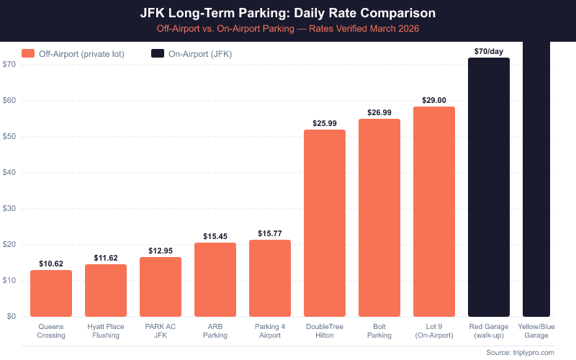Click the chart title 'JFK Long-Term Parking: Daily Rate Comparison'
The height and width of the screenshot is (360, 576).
click(x=288, y=14)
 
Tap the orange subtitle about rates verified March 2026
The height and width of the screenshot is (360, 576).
click(x=288, y=29)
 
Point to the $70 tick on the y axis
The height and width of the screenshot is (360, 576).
click(x=9, y=65)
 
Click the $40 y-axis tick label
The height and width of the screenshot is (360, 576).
click(x=9, y=173)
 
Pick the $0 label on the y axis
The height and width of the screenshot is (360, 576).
click(x=12, y=316)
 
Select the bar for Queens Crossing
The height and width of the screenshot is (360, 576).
click(x=51, y=293)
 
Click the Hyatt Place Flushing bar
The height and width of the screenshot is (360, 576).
click(x=106, y=290)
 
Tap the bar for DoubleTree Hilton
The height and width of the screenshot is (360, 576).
click(x=325, y=223)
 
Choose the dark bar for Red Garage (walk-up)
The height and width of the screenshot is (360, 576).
click(x=489, y=187)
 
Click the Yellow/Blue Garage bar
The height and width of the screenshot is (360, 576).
click(x=536, y=180)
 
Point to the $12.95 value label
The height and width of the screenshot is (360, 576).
click(x=161, y=251)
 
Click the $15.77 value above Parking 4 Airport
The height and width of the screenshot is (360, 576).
click(x=270, y=233)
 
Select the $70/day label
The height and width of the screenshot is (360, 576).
click(x=489, y=51)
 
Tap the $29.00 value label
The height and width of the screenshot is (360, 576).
click(x=434, y=100)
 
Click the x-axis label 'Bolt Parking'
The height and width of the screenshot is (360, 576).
click(x=379, y=330)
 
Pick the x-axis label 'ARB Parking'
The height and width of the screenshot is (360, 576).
click(x=215, y=330)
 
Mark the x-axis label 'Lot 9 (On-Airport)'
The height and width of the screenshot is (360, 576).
click(x=434, y=330)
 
